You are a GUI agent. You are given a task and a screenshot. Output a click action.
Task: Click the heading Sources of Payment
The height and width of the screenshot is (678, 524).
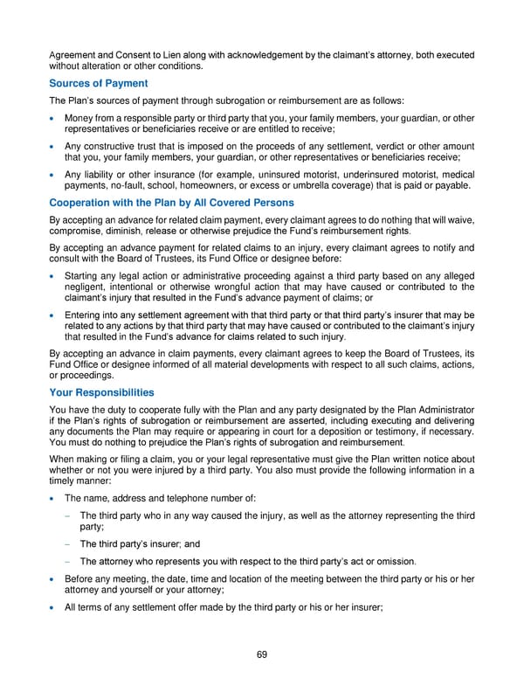coord(98,83)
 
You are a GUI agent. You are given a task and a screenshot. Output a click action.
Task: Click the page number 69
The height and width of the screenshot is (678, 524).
coord(262,654)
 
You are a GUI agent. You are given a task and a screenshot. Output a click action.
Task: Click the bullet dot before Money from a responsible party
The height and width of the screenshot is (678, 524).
coord(54,119)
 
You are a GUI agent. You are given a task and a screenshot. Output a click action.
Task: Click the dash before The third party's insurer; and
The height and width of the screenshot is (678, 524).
coord(69,543)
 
